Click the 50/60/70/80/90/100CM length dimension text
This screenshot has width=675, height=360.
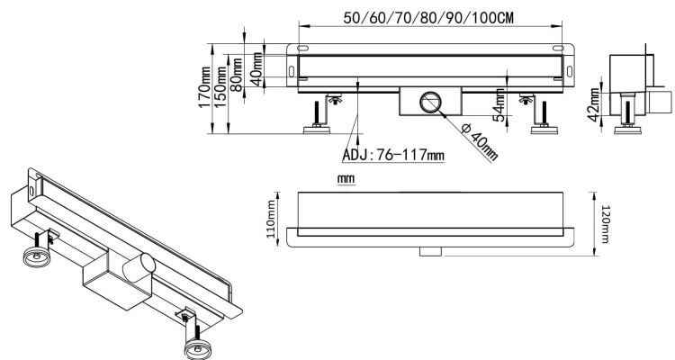428,18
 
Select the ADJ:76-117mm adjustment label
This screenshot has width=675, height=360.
394,154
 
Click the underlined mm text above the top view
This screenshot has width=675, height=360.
345,179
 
